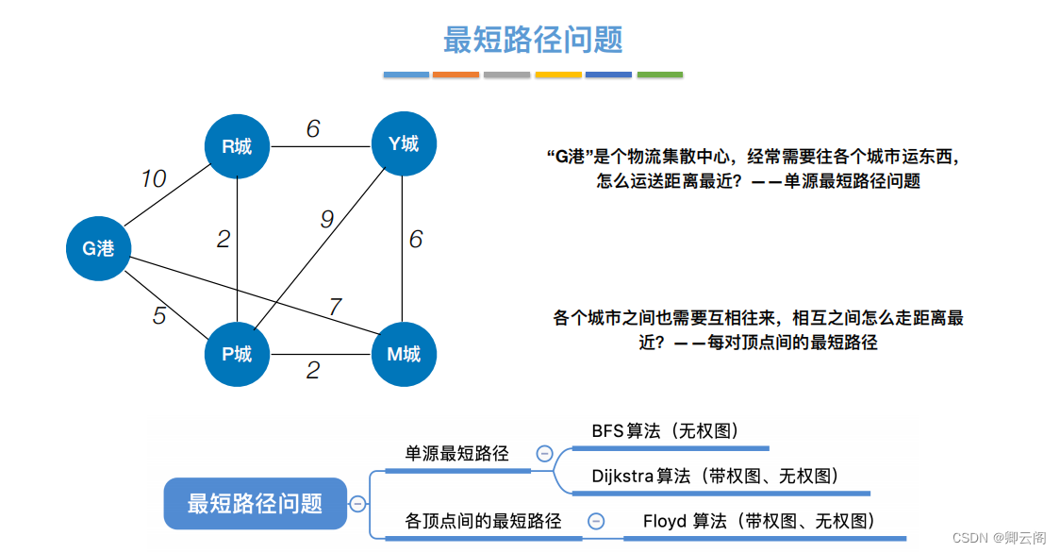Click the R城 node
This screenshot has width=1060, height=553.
pos(237,145)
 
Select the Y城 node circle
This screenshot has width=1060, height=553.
pos(403,143)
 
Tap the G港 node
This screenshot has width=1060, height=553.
pos(98,249)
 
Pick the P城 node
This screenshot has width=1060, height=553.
pos(237,354)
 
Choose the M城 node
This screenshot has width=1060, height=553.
pos(403,354)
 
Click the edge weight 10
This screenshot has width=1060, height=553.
pos(154,178)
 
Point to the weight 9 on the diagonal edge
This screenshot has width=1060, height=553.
pos(326,219)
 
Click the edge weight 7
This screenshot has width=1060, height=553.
pos(335,307)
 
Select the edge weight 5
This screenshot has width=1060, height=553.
pos(159,315)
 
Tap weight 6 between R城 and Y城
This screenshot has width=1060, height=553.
pos(313,128)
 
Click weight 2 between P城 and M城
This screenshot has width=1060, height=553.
pos(313,371)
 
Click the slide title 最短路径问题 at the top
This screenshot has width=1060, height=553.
pos(533,40)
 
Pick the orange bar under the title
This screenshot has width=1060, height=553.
pos(456,75)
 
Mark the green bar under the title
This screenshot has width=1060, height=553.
pos(660,75)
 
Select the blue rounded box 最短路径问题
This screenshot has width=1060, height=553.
pos(255,503)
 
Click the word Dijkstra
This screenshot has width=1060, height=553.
pos(622,476)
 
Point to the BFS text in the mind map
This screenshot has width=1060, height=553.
pos(607,431)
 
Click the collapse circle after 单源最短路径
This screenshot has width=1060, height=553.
pos(544,453)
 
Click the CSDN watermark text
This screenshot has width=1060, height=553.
pos(999,537)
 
